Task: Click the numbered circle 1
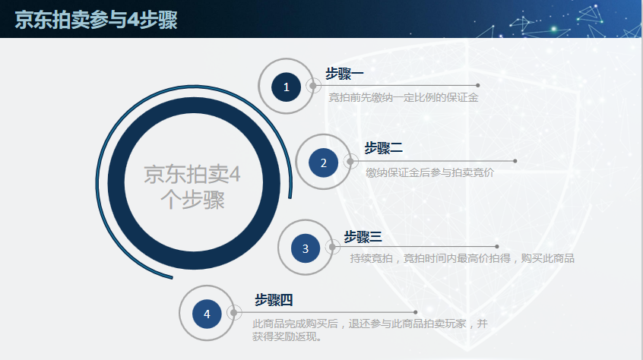(287, 87)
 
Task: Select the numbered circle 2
(323, 162)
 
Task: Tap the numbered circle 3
(306, 248)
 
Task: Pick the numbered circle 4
(207, 313)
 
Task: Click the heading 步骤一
(344, 74)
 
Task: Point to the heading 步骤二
(383, 147)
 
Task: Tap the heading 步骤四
(274, 300)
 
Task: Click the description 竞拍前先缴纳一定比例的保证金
(403, 97)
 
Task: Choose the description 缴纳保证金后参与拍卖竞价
(429, 172)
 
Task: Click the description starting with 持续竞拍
(461, 258)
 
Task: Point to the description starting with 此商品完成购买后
(369, 330)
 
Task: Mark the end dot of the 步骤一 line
(477, 85)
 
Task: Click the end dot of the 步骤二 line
(515, 161)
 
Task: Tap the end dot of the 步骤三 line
(497, 246)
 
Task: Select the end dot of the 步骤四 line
(416, 311)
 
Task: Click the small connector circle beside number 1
(313, 86)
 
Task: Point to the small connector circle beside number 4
(235, 312)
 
